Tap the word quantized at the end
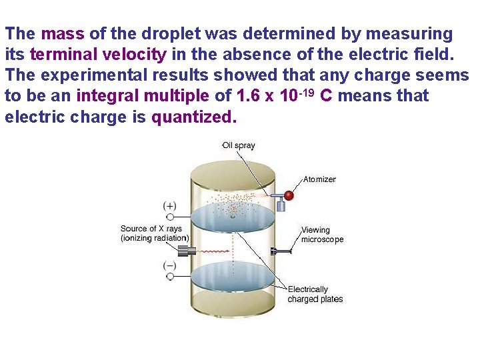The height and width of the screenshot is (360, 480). pyautogui.click(x=194, y=117)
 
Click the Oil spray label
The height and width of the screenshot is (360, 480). pyautogui.click(x=239, y=145)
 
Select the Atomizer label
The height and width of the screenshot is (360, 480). pyautogui.click(x=319, y=179)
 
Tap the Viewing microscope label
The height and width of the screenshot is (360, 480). pyautogui.click(x=322, y=235)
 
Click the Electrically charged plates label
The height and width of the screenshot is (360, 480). pyautogui.click(x=315, y=294)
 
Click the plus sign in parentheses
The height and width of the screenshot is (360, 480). pyautogui.click(x=170, y=206)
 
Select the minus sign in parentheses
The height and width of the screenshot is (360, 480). pyautogui.click(x=170, y=266)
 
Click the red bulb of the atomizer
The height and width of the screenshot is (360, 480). pyautogui.click(x=289, y=195)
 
